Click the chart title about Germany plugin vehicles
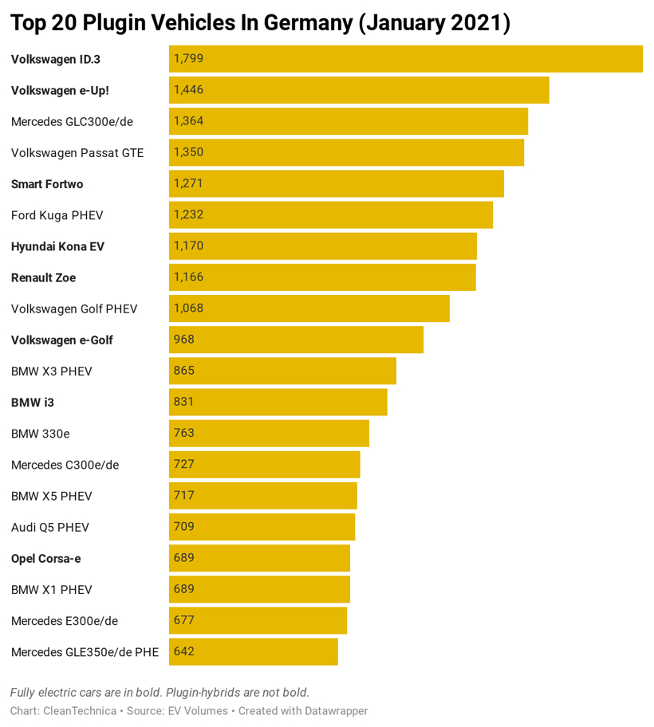(x=260, y=22)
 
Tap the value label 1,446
(x=188, y=90)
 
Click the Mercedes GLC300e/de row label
(x=72, y=121)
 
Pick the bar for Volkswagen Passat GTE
(x=346, y=152)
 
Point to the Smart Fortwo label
(x=47, y=184)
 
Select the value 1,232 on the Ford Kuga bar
(x=188, y=214)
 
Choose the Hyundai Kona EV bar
(x=322, y=246)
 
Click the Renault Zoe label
(x=43, y=277)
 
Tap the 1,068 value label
(x=188, y=308)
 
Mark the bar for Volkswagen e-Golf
(x=296, y=340)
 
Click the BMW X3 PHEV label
(x=52, y=371)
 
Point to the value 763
(x=183, y=433)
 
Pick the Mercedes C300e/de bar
(x=264, y=464)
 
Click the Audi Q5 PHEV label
(x=50, y=527)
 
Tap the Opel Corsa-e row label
(x=45, y=558)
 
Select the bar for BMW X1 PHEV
(x=259, y=589)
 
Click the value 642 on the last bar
(x=183, y=651)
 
